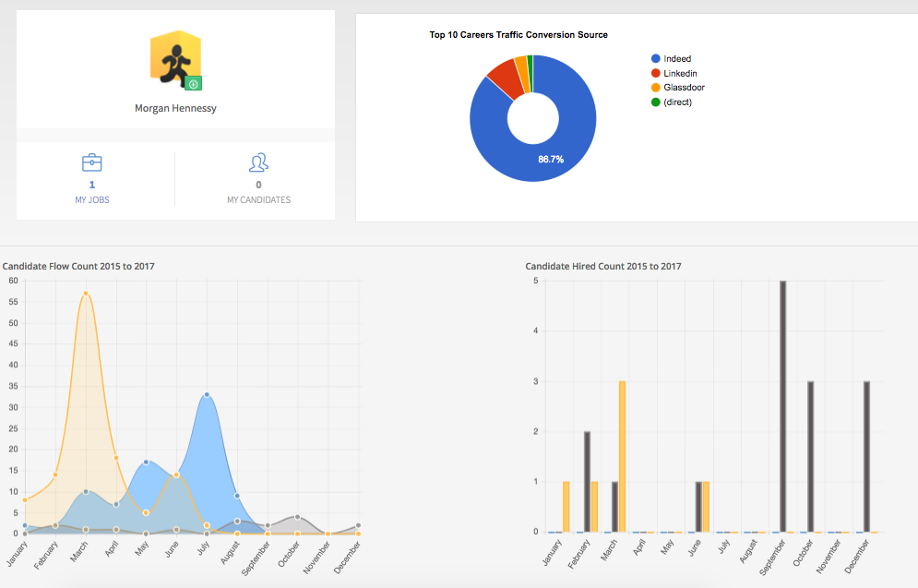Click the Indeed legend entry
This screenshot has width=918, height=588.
pos(676,59)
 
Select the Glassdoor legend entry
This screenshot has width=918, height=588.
pos(683,88)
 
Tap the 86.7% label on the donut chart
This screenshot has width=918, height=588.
pos(551,160)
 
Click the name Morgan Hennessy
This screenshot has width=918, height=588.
pos(175,108)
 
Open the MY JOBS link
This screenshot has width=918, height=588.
pos(92,199)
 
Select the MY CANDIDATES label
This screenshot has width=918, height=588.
pos(258,199)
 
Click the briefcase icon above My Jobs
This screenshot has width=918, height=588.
pos(92,163)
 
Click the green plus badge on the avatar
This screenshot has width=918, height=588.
pos(193,83)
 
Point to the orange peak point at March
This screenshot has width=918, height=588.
pos(86,294)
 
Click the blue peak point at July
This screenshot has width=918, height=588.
pos(207,395)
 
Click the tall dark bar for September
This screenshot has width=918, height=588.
pos(783,406)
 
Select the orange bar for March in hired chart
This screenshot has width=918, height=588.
pos(622,456)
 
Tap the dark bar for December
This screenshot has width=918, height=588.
pos(867,456)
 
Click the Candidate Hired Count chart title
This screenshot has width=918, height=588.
pos(603,267)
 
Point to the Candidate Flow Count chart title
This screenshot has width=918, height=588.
pos(78,267)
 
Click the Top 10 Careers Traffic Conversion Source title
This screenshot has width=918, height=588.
pos(519,35)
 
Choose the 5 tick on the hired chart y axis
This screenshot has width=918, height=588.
pos(536,281)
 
